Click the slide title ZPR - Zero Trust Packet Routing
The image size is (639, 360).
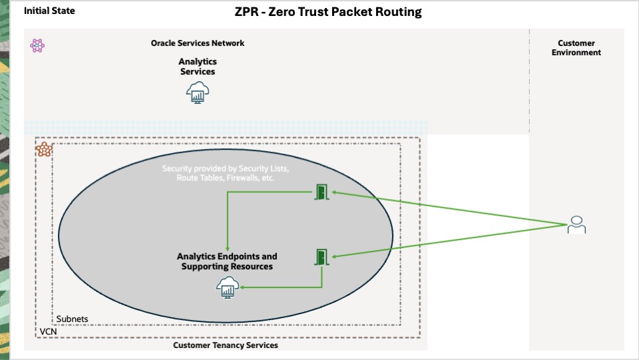[327, 12]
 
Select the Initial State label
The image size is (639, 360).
[49, 11]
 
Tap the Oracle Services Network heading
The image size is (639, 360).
[198, 43]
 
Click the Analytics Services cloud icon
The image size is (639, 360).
[198, 92]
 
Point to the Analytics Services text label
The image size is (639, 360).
[198, 67]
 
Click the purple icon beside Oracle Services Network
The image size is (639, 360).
[37, 45]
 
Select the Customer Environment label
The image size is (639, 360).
[576, 48]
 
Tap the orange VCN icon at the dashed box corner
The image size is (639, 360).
[44, 149]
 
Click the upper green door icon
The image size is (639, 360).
[321, 193]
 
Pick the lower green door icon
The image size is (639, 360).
[321, 257]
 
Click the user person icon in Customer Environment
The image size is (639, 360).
[576, 225]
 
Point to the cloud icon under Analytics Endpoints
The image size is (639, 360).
[228, 287]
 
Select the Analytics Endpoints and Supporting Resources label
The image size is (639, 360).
[227, 262]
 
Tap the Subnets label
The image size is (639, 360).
[72, 319]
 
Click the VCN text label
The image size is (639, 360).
[47, 331]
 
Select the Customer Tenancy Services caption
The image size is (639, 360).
[226, 345]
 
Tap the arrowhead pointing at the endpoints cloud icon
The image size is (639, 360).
[242, 287]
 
